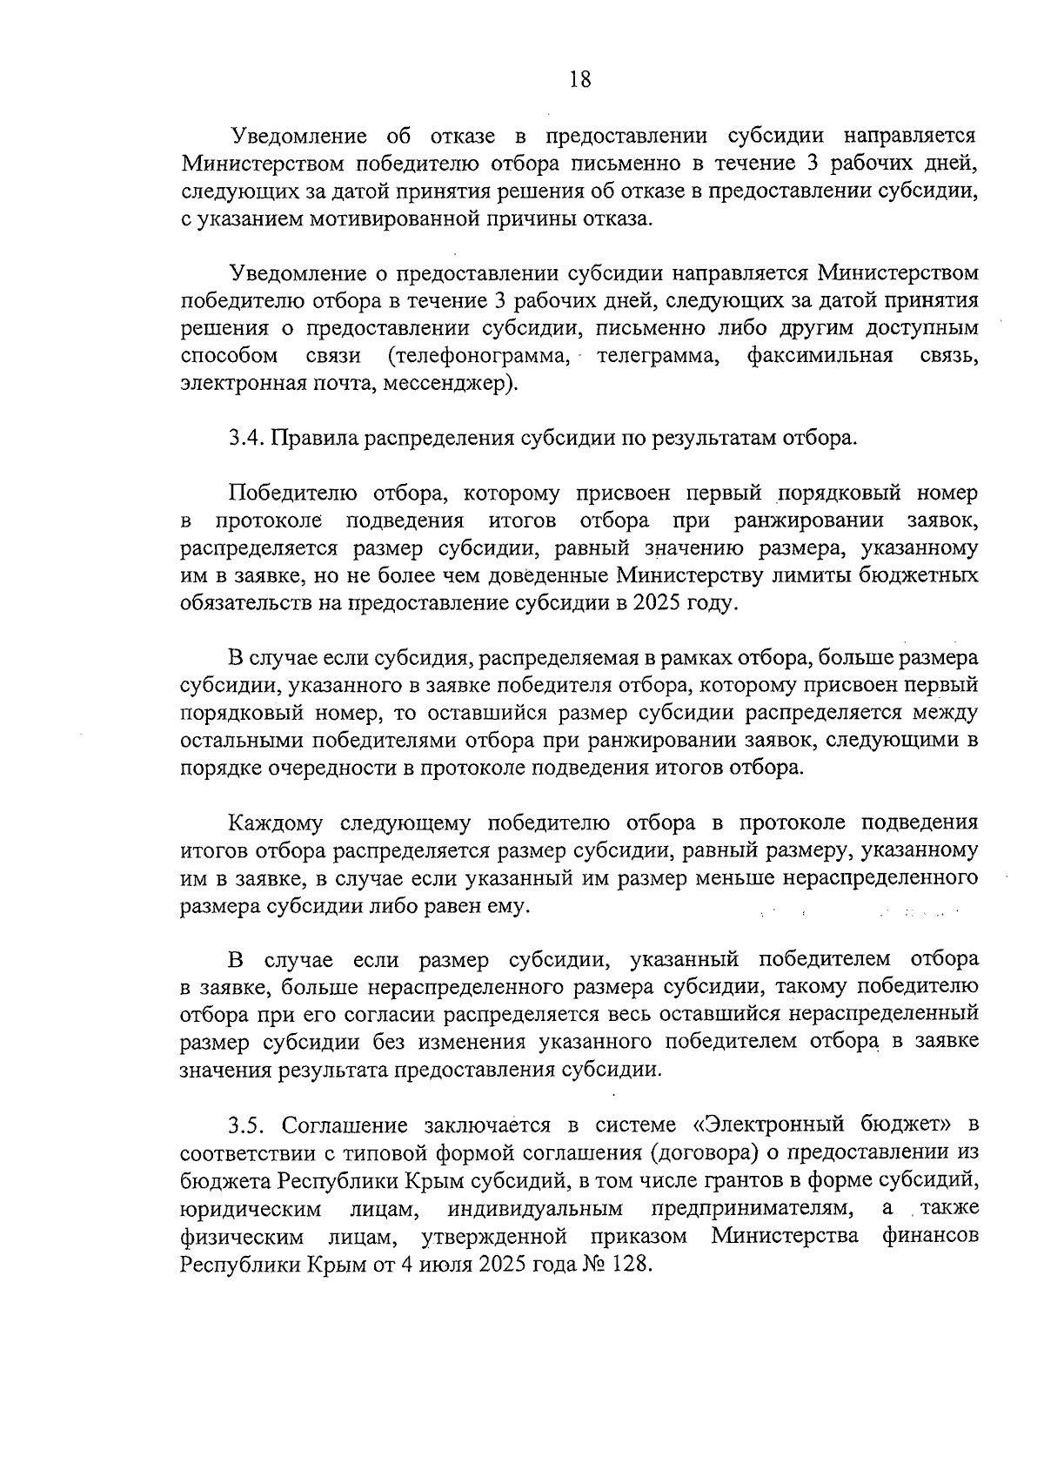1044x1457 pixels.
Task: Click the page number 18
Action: click(580, 80)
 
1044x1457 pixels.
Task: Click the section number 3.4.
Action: click(245, 438)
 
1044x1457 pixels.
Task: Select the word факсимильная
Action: click(820, 355)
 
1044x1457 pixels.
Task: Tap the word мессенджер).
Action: click(462, 383)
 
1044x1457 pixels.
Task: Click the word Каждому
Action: click(276, 822)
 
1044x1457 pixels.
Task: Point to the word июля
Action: click(441, 1264)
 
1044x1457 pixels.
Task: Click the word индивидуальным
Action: click(537, 1208)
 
